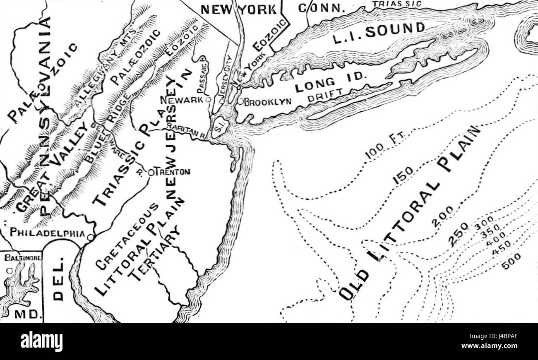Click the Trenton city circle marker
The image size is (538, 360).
151,172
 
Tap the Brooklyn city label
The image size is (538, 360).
268,102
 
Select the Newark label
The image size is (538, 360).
182,100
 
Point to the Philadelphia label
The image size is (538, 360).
47,233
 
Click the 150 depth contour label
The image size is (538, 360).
402,175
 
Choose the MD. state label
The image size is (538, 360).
28,314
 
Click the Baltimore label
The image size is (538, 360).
23,258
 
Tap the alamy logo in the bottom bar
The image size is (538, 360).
41,342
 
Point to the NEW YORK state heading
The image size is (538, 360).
238,9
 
